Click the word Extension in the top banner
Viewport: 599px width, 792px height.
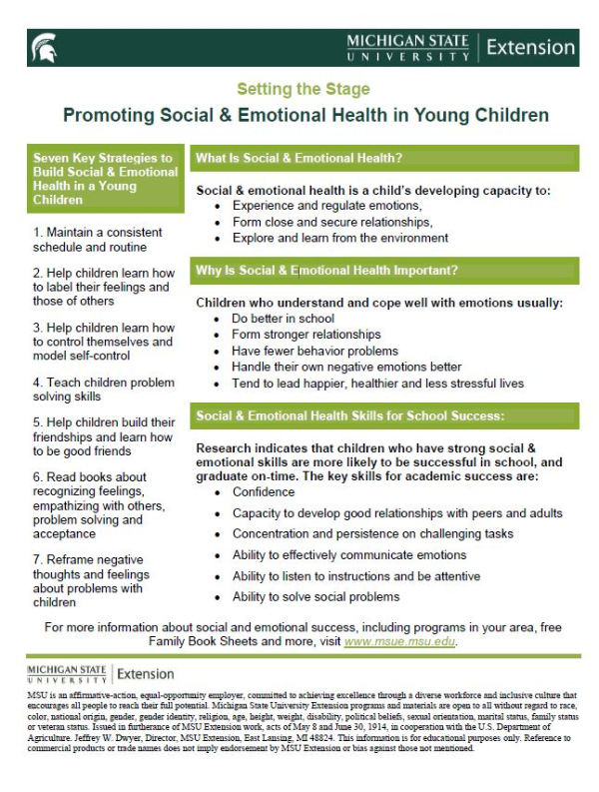pyautogui.click(x=531, y=47)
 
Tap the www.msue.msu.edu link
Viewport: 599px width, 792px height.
pyautogui.click(x=399, y=642)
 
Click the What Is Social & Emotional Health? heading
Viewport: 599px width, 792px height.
pyautogui.click(x=299, y=158)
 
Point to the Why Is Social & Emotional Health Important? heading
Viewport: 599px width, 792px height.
pyautogui.click(x=327, y=270)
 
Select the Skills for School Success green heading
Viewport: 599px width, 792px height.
pyautogui.click(x=349, y=415)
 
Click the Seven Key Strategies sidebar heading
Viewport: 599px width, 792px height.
pyautogui.click(x=104, y=178)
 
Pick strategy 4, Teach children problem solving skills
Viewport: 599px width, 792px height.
pyautogui.click(x=96, y=389)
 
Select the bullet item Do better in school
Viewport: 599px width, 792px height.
pyautogui.click(x=283, y=319)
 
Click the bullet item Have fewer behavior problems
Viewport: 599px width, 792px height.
pyautogui.click(x=314, y=351)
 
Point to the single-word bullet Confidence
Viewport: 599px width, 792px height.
pyautogui.click(x=264, y=492)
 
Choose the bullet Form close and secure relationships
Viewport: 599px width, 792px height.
pyautogui.click(x=332, y=222)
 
